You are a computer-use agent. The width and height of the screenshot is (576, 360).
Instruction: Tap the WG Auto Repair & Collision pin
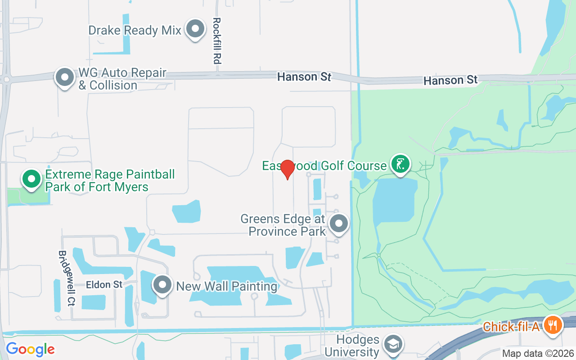pyautogui.click(x=65, y=77)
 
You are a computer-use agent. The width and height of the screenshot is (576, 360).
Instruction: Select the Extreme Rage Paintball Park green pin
pyautogui.click(x=31, y=179)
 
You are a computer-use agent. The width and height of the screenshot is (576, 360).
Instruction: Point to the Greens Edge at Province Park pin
pyautogui.click(x=339, y=223)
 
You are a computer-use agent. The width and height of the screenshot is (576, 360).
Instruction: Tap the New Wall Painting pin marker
pyautogui.click(x=162, y=285)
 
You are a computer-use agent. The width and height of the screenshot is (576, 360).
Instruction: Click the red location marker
pyautogui.click(x=287, y=170)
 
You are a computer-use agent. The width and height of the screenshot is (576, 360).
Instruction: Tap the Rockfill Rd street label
pyautogui.click(x=217, y=40)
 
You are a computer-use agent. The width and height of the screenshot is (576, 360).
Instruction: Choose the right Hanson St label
pyautogui.click(x=450, y=80)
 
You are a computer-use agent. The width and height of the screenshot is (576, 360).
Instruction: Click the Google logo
pyautogui.click(x=30, y=349)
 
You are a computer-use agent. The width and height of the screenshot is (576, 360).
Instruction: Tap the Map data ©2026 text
pyautogui.click(x=538, y=353)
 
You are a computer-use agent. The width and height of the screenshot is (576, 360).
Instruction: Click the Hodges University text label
pyautogui.click(x=352, y=346)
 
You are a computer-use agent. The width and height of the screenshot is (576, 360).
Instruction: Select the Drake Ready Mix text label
pyautogui.click(x=135, y=30)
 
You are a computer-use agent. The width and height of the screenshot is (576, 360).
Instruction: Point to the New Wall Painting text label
pyautogui.click(x=227, y=286)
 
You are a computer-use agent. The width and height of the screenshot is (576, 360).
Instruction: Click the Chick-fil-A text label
pyautogui.click(x=511, y=326)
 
